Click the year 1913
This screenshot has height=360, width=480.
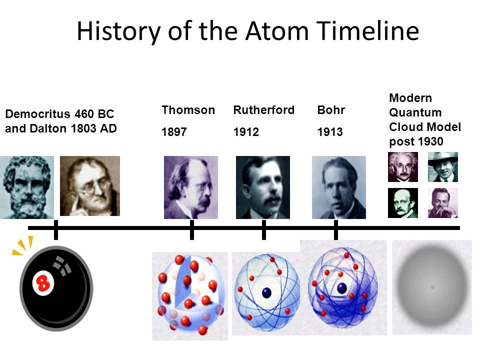(330, 132)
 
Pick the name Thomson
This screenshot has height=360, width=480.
(188, 110)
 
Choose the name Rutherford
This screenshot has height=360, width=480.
(263, 110)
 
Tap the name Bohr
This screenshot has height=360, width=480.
(331, 110)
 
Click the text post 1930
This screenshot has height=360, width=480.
(416, 141)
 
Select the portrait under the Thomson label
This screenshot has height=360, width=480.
(191, 187)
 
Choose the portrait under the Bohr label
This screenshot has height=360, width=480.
(338, 187)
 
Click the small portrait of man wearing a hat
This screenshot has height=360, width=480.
(443, 166)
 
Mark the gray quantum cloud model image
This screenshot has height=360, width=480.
(431, 287)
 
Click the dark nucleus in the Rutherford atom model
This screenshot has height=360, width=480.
(266, 292)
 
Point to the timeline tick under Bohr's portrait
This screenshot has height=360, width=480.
(335, 229)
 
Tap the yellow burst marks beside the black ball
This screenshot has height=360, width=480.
(23, 246)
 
